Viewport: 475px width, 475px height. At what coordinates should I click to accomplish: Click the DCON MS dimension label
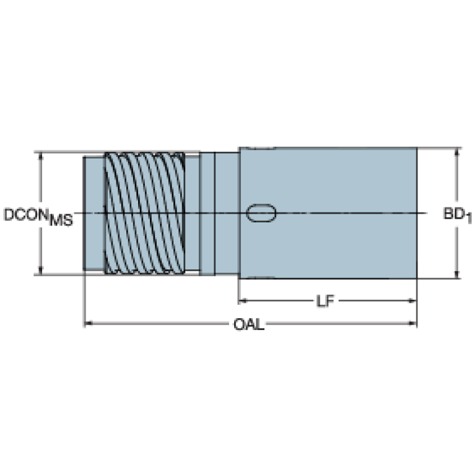click(x=38, y=217)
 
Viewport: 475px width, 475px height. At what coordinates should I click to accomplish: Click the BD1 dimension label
click(x=458, y=215)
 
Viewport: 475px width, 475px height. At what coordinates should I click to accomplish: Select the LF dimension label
click(x=325, y=301)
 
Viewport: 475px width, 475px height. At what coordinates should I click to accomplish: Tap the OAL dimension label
click(x=249, y=325)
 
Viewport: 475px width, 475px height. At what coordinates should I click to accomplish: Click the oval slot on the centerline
click(x=261, y=213)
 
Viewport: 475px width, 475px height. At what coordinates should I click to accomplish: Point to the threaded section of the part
click(x=145, y=213)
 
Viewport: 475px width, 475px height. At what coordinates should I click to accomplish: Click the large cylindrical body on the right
click(x=328, y=213)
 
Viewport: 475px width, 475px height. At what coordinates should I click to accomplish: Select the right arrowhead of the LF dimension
click(x=412, y=301)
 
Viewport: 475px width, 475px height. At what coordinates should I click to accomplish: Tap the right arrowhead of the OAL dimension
click(x=412, y=323)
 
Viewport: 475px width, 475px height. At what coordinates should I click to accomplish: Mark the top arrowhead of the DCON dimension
click(x=41, y=156)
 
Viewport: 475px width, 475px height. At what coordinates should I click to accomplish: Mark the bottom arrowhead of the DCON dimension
click(x=41, y=271)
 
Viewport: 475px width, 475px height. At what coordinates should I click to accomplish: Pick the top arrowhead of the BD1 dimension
click(x=457, y=152)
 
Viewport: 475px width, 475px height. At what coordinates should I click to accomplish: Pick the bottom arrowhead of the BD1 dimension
click(x=457, y=274)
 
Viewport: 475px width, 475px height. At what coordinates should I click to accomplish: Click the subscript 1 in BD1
click(x=469, y=219)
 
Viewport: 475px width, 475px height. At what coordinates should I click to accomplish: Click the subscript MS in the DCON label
click(x=61, y=220)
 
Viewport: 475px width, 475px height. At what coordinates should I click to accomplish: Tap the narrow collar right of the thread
click(x=207, y=214)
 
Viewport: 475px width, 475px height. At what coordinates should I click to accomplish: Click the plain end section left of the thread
click(x=94, y=213)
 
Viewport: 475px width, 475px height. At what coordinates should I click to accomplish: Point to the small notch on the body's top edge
click(x=260, y=148)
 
